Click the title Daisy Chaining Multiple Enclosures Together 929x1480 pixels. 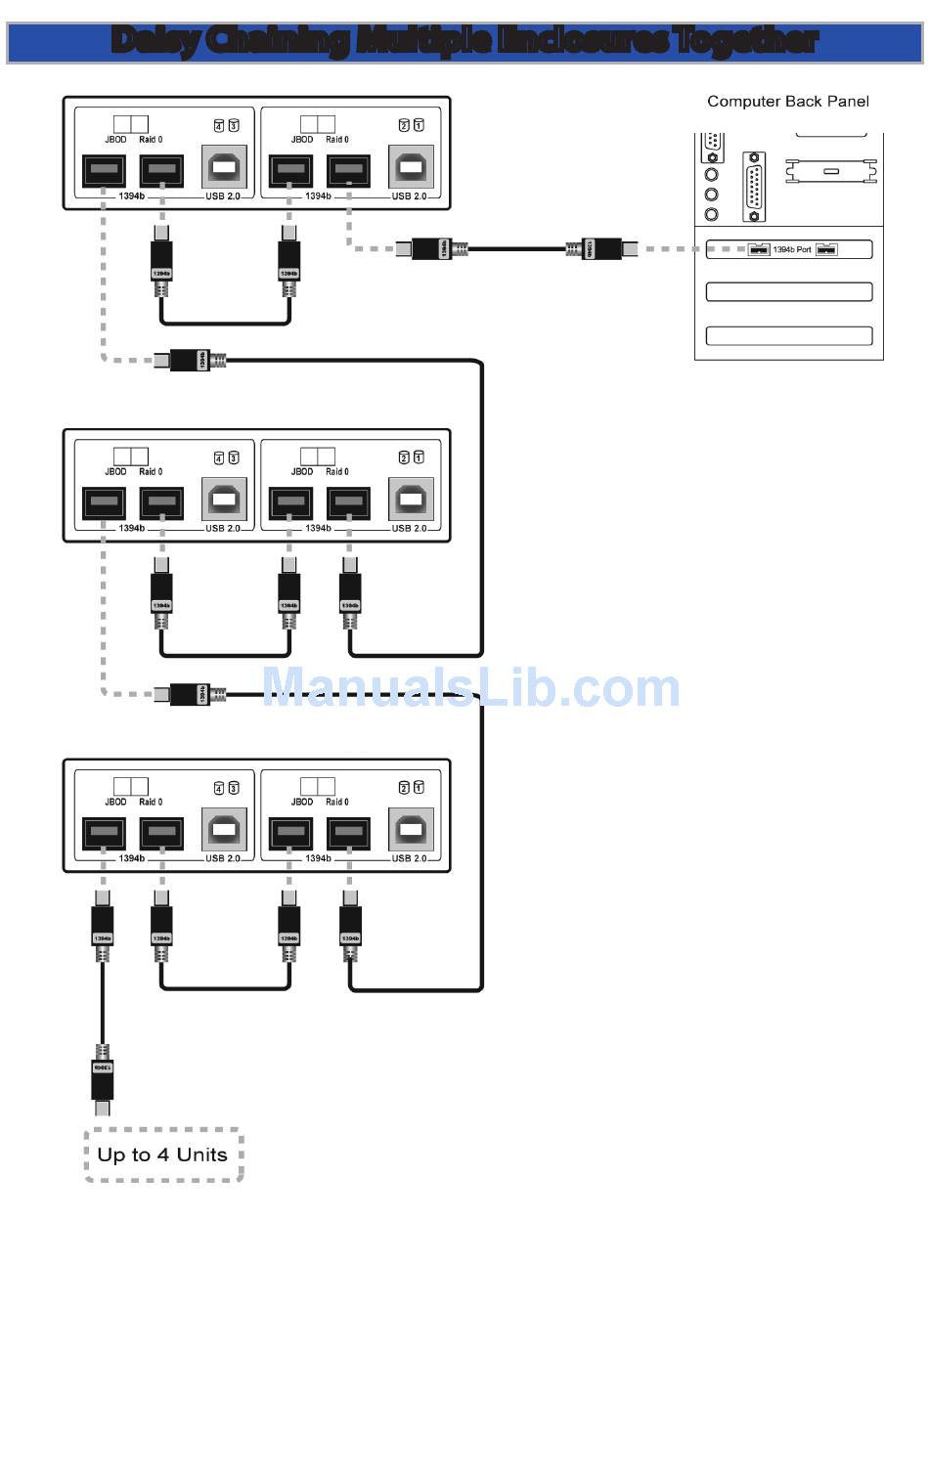coord(464,41)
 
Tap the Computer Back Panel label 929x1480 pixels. coord(787,102)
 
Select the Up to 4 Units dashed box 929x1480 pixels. coord(163,1154)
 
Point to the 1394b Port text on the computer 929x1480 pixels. coord(791,250)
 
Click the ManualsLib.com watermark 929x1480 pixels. coord(470,687)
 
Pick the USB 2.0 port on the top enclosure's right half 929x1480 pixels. coord(411,167)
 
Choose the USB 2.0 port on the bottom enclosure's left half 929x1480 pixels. coord(224,830)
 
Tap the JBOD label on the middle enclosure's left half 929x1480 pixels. coord(115,472)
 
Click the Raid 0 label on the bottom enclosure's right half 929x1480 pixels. coord(336,803)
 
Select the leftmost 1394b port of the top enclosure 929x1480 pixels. coord(104,170)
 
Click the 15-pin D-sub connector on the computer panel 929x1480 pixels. coord(754,186)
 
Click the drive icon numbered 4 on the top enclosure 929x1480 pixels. coord(220,125)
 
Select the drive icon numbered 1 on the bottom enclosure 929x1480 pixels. coord(419,788)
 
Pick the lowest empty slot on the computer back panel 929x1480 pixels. coord(788,335)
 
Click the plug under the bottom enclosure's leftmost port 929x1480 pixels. coord(103,925)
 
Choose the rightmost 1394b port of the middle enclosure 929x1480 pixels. coord(348,502)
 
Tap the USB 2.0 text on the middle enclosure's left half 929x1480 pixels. coord(223,529)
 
